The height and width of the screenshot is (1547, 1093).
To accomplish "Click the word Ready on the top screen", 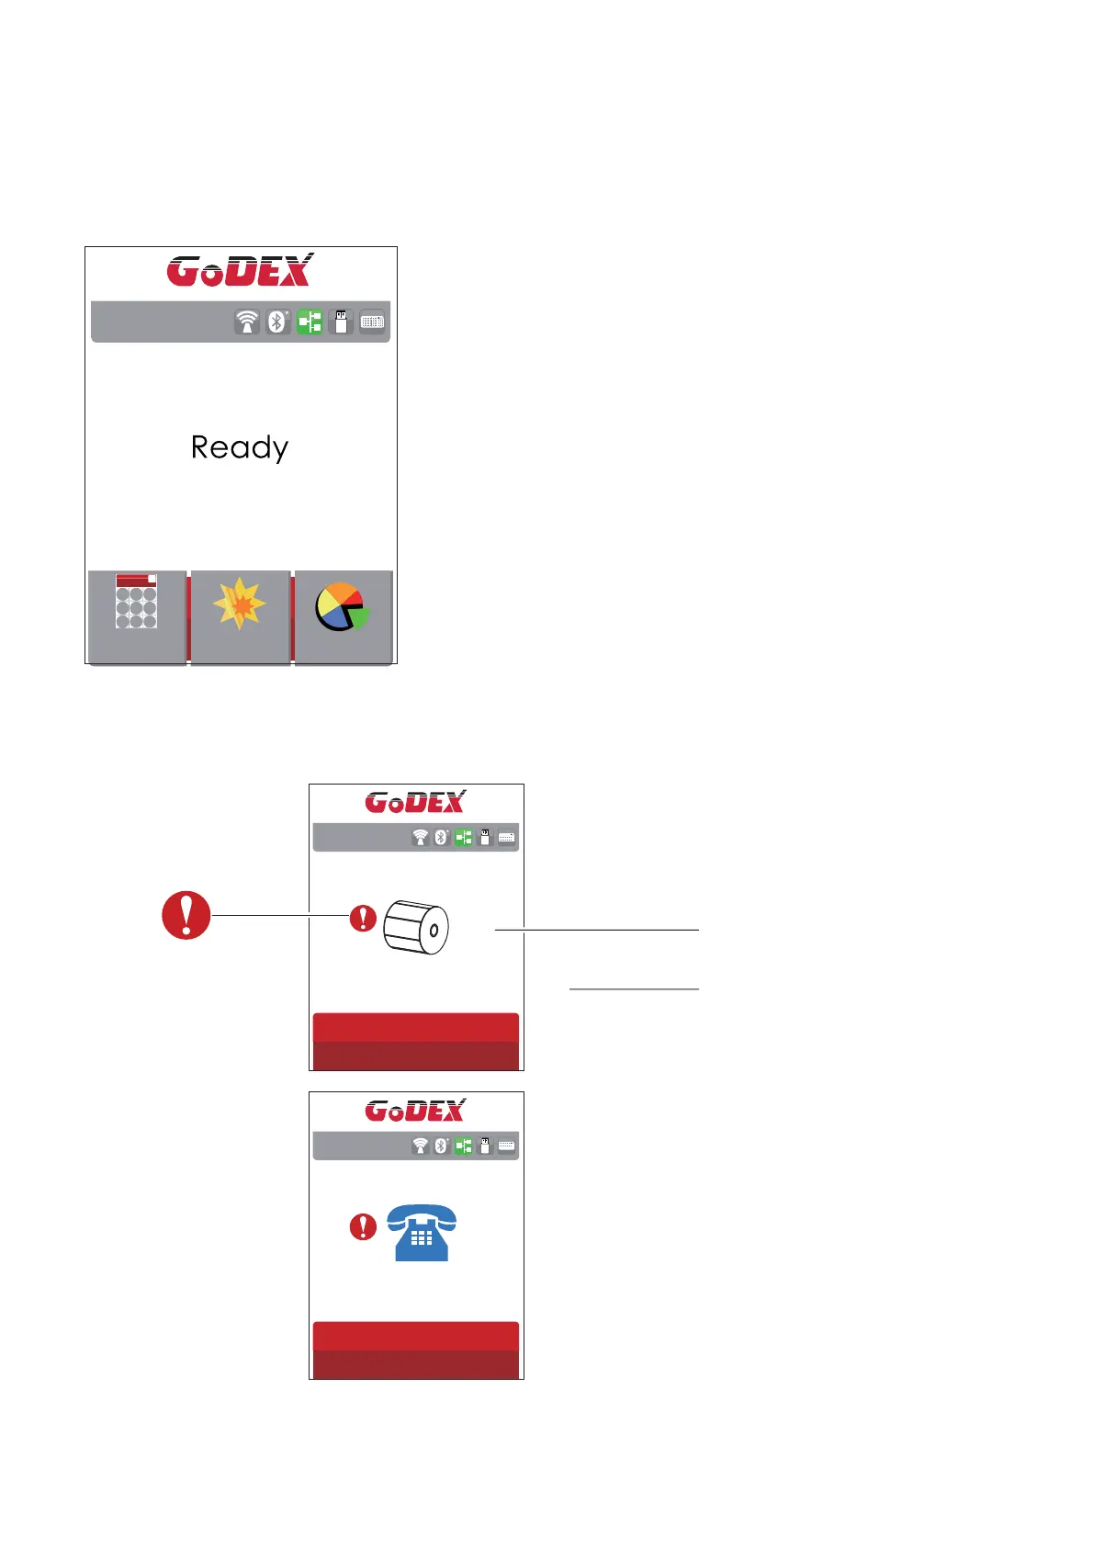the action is pyautogui.click(x=240, y=448).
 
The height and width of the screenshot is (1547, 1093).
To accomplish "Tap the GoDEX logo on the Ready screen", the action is pyautogui.click(x=240, y=270).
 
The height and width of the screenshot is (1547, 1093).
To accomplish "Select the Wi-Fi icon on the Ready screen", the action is pyautogui.click(x=247, y=322).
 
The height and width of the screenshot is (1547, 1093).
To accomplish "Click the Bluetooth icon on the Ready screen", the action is pyautogui.click(x=277, y=322).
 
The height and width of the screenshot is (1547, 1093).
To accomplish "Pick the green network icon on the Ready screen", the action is pyautogui.click(x=310, y=322).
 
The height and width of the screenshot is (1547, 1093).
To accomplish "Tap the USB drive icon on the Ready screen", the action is pyautogui.click(x=341, y=322).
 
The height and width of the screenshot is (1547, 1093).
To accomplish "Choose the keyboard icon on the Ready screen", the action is pyautogui.click(x=372, y=322).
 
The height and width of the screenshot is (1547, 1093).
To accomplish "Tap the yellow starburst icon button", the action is pyautogui.click(x=240, y=604).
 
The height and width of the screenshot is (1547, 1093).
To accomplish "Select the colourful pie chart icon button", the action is pyautogui.click(x=342, y=607).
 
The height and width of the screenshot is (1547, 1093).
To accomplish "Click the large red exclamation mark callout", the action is pyautogui.click(x=186, y=915).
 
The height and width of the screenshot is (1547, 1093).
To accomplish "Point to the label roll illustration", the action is pyautogui.click(x=416, y=927).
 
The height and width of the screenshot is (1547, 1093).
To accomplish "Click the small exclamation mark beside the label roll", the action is pyautogui.click(x=364, y=918).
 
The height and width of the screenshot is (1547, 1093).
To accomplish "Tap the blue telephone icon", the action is pyautogui.click(x=422, y=1232).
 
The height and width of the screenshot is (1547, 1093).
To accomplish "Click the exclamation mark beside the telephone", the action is pyautogui.click(x=364, y=1226).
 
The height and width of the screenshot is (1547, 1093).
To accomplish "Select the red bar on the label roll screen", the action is pyautogui.click(x=416, y=1042).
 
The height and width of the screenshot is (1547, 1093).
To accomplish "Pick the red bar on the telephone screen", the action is pyautogui.click(x=416, y=1350).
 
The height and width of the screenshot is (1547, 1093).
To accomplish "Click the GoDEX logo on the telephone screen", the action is pyautogui.click(x=416, y=1111).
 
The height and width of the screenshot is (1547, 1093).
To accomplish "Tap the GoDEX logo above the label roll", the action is pyautogui.click(x=416, y=802).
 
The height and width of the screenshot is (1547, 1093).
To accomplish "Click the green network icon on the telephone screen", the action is pyautogui.click(x=464, y=1146).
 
